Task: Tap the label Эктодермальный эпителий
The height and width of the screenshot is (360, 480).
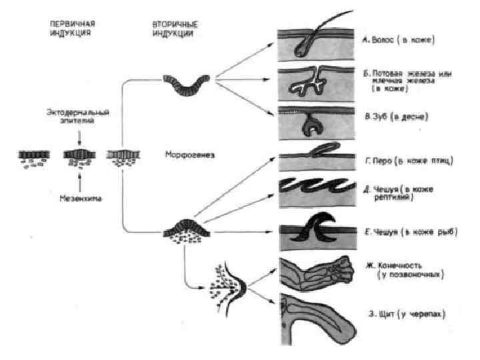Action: coord(78,117)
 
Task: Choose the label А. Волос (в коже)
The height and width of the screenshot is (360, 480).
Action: coord(398,41)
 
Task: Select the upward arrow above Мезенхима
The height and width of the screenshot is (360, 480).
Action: coord(79,178)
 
